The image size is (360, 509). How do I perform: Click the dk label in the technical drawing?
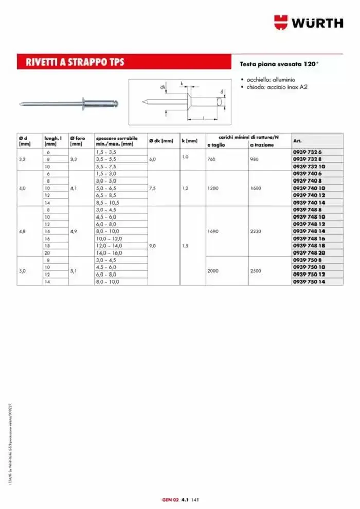[x=163, y=87]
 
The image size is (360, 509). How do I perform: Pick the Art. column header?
[x=297, y=140]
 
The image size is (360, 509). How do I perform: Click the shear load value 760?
[x=211, y=159]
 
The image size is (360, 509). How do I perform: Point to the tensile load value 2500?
[x=255, y=270]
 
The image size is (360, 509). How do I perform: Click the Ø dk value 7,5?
[x=153, y=188]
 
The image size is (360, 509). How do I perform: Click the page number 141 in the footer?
[x=195, y=499]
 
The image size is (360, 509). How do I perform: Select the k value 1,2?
[x=185, y=188]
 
